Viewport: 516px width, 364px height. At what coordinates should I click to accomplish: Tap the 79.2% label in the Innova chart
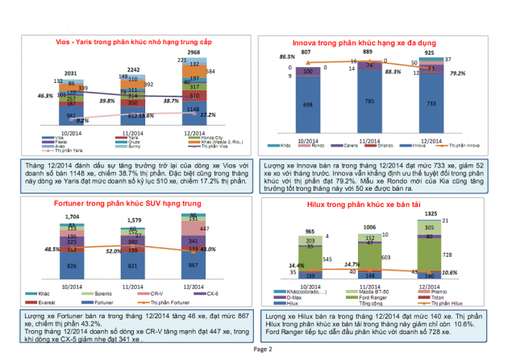(457, 73)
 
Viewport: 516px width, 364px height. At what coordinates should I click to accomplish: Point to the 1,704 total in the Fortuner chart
(72, 217)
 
